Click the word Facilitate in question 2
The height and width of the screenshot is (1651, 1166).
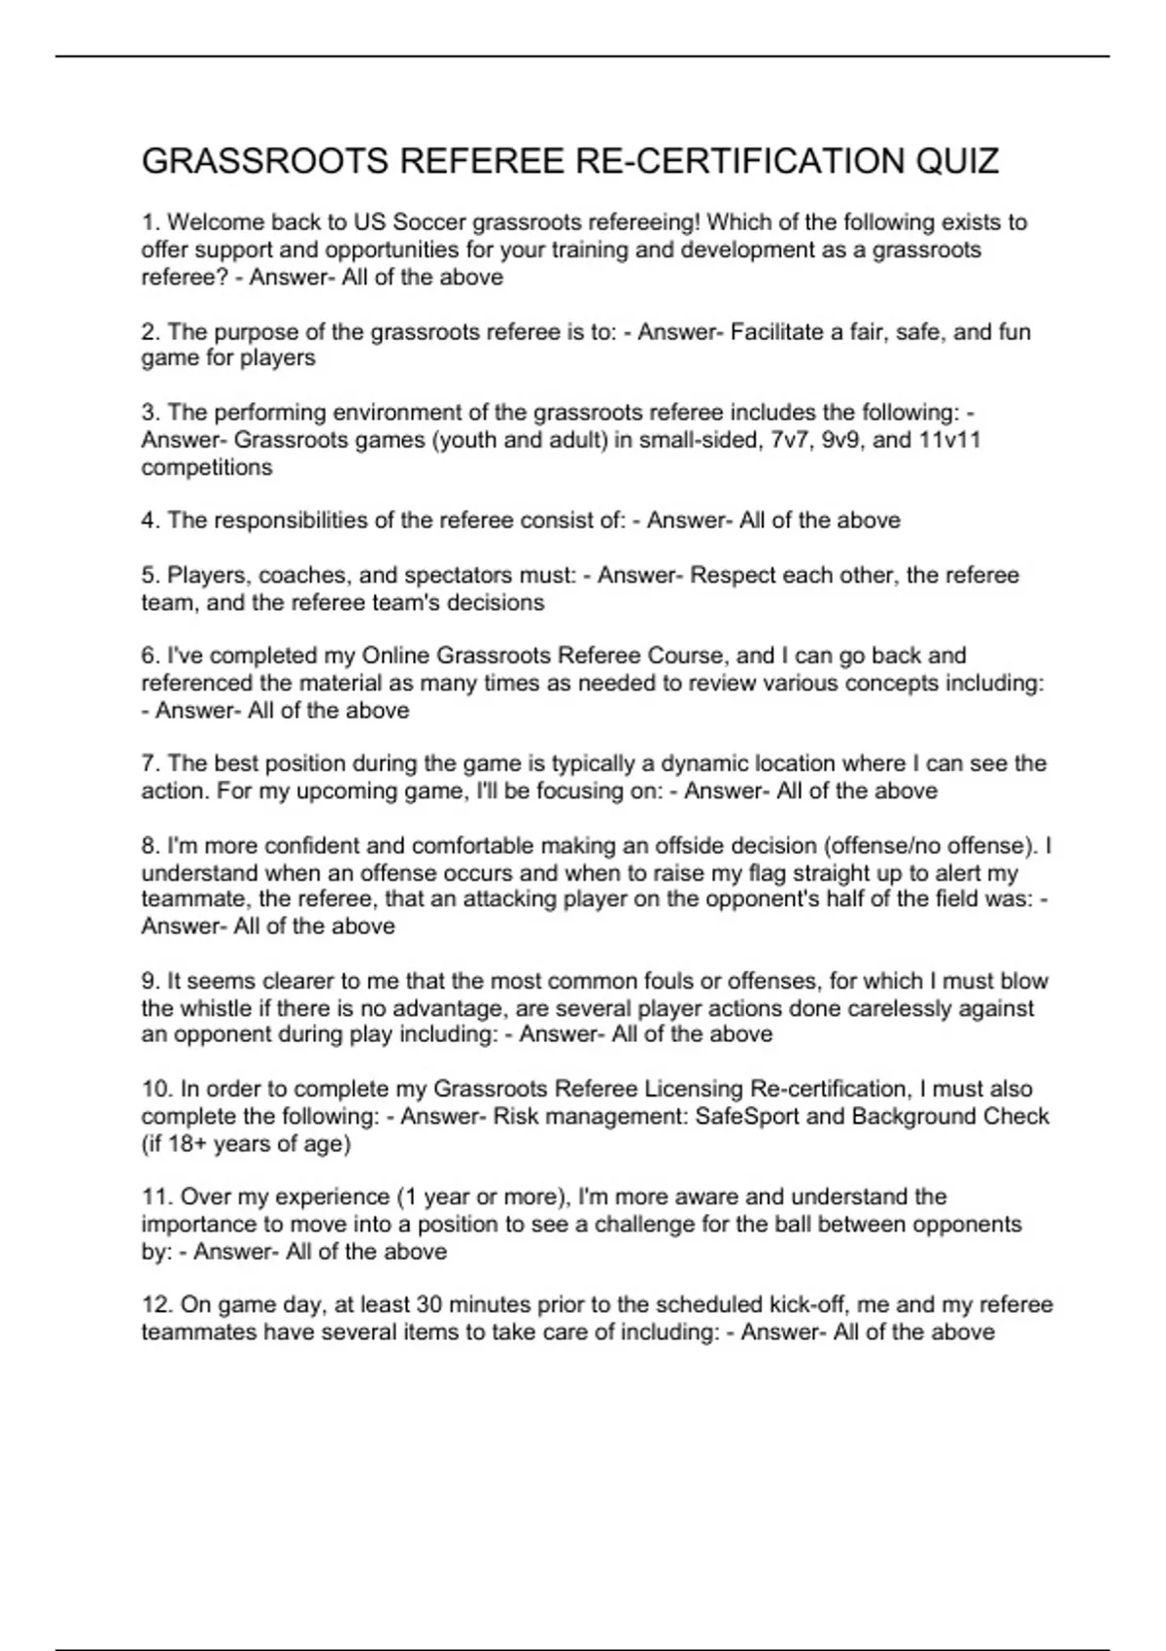click(x=776, y=332)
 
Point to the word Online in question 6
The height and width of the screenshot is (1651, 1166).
click(x=395, y=656)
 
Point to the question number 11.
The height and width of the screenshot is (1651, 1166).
click(x=155, y=1196)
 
